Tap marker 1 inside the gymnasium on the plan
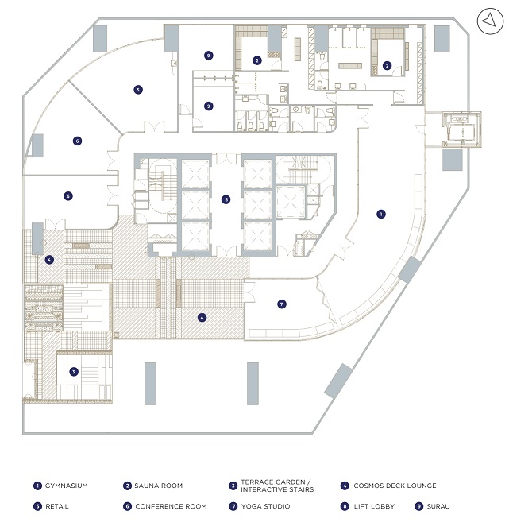381,214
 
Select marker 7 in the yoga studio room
282,304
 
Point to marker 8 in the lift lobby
226,199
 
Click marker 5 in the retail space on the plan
138,90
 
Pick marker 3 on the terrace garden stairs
73,371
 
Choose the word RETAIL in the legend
58,505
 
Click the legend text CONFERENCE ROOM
171,505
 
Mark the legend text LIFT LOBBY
377,505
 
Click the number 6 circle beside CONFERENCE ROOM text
127,505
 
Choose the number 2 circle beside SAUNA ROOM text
127,486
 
